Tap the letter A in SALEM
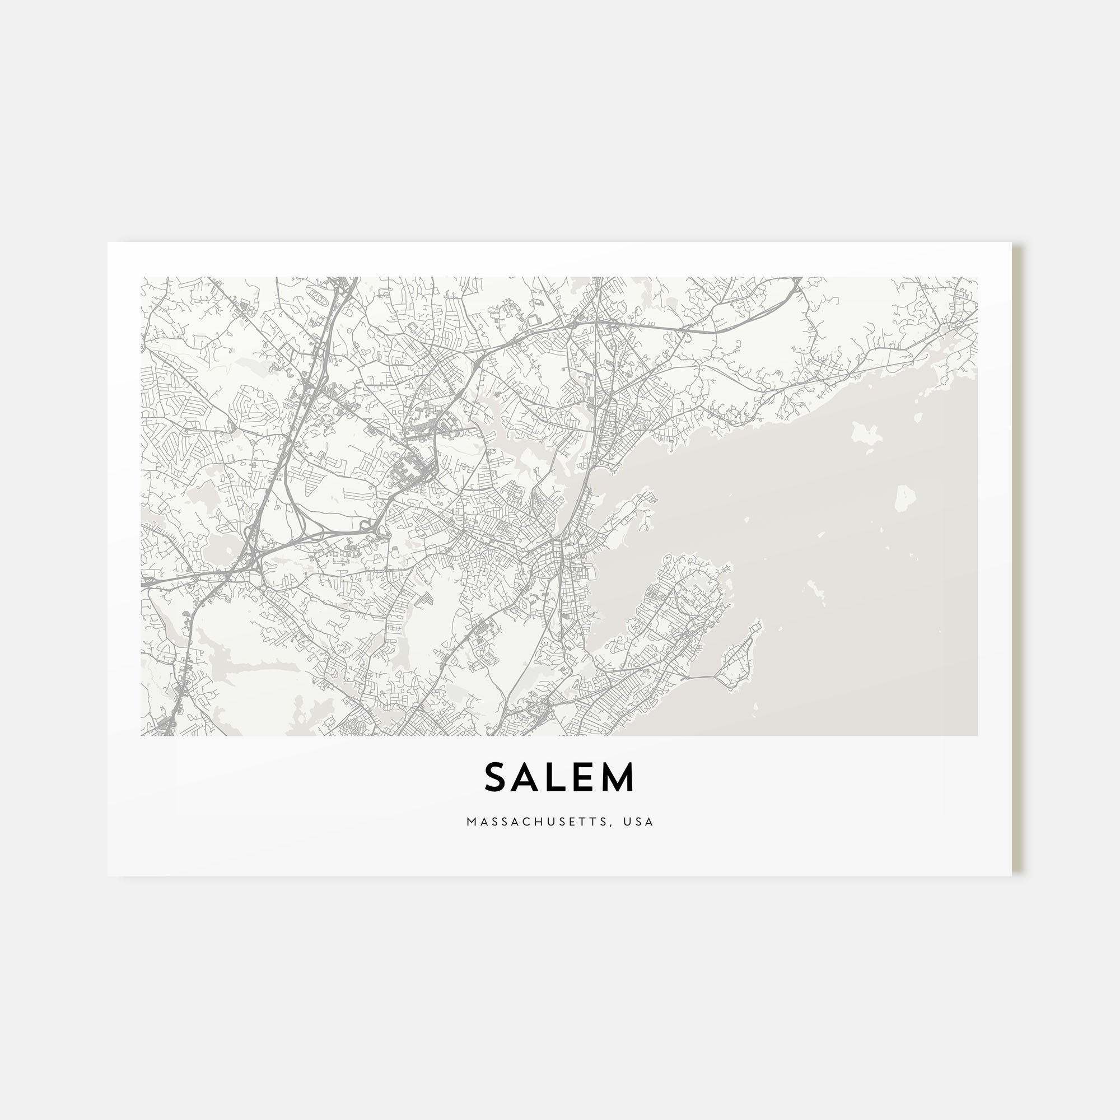click(x=526, y=777)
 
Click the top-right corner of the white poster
click(x=1011, y=243)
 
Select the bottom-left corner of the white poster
click(x=109, y=875)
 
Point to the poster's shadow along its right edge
click(x=1016, y=557)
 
